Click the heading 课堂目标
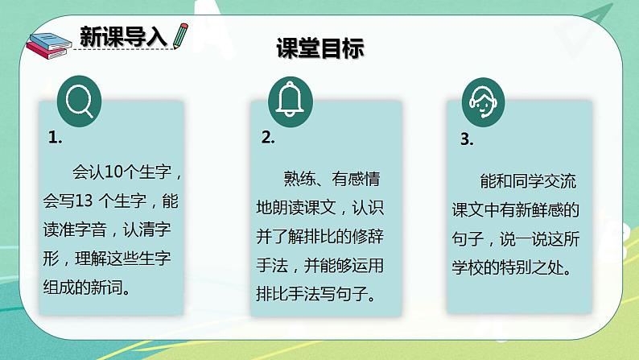coord(320,48)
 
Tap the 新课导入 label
coord(123,36)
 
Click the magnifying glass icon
coord(80,101)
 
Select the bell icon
coord(291,101)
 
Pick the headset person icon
coord(484,102)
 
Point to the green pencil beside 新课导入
coord(180,36)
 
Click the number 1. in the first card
coord(55,138)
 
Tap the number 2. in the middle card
coord(268,138)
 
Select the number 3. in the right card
coord(467,139)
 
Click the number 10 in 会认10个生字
coord(113,172)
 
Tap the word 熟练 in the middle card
coord(299,179)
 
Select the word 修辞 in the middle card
coord(368,237)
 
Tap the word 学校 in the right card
coord(468,268)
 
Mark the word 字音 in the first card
coord(90,230)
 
